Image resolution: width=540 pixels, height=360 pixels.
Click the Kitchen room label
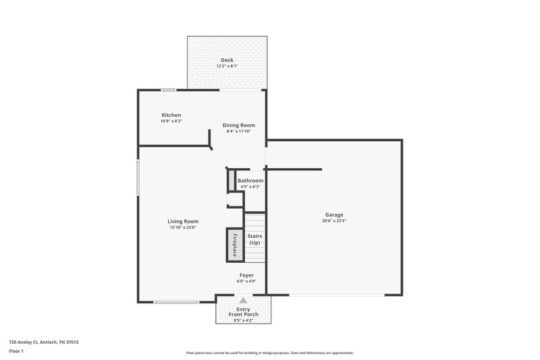pos(171,115)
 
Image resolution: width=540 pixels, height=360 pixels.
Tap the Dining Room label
pos(239,125)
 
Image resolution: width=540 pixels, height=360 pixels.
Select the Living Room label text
pos(183,221)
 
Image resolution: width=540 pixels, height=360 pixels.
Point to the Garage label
pos(334,215)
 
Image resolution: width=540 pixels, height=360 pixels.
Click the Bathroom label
pos(250,181)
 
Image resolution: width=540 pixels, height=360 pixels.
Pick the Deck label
pos(227,60)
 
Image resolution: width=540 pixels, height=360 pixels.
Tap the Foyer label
pos(246,276)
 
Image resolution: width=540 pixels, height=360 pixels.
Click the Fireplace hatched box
pos(234,245)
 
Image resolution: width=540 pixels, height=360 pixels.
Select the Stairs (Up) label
pos(254,239)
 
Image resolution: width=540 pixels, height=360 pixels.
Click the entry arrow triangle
pos(243,300)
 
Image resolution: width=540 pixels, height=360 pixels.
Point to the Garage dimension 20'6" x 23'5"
pos(334,221)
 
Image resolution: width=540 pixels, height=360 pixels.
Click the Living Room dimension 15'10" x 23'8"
pos(183,227)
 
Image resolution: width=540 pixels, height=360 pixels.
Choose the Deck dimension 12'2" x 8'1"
pos(227,66)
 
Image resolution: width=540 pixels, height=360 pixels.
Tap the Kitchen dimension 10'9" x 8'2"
pos(171,121)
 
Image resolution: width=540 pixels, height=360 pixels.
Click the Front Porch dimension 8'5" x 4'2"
pos(243,320)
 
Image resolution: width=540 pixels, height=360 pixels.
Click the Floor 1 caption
pos(16,352)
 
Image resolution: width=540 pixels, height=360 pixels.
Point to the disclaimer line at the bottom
pos(270,353)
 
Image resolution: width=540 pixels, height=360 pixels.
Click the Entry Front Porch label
pos(243,312)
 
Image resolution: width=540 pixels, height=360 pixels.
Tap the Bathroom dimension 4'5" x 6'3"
pos(250,187)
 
